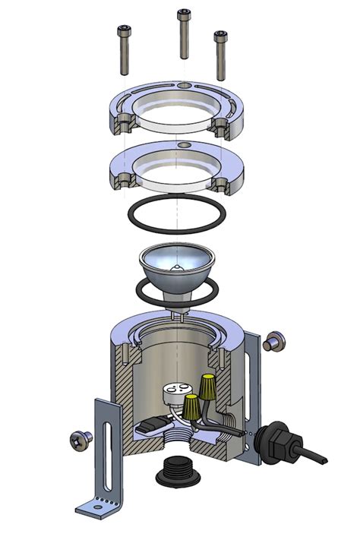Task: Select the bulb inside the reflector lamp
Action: pyautogui.click(x=177, y=269)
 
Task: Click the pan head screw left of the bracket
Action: pyautogui.click(x=79, y=439)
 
